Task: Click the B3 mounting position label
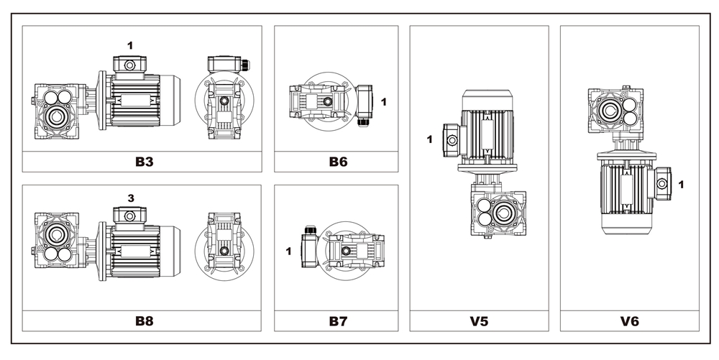(145, 162)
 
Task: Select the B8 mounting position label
(145, 320)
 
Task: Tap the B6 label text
(338, 162)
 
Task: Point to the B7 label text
(338, 320)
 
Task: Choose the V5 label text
(479, 320)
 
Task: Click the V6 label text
(629, 320)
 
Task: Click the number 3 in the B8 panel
(130, 197)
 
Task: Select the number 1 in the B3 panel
(130, 45)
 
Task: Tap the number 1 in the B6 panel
(384, 102)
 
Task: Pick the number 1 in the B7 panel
(289, 251)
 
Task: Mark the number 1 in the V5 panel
(430, 139)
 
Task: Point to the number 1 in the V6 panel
(681, 185)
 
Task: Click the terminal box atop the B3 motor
(130, 64)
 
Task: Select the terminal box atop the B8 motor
(130, 214)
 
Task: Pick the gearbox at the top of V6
(615, 111)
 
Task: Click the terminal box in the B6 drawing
(365, 102)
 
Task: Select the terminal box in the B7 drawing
(310, 251)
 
